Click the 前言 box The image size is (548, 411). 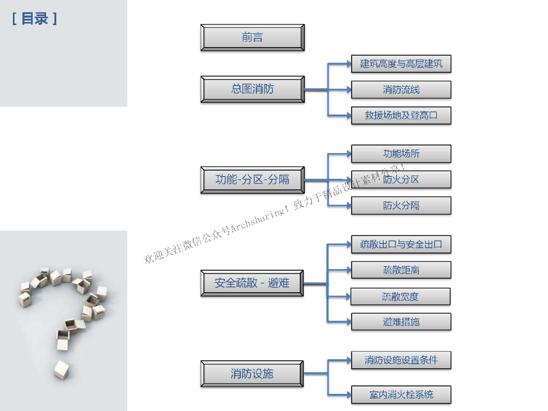(253, 37)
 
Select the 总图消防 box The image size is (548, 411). (253, 89)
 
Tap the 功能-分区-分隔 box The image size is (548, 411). (253, 179)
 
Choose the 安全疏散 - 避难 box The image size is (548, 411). (252, 283)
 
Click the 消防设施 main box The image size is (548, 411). (252, 374)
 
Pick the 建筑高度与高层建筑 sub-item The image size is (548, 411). (401, 64)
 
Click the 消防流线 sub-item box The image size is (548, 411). (401, 89)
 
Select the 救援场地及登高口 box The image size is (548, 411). (401, 115)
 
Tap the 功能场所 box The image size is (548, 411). (401, 154)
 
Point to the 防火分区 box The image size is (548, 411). (401, 179)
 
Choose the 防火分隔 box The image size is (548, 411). (401, 205)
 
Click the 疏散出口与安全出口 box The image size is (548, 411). (401, 245)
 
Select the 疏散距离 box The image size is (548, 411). (401, 270)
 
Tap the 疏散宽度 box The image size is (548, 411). (400, 296)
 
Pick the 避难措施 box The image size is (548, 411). (401, 322)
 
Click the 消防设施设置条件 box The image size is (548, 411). (401, 360)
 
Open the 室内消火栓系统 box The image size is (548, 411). (401, 394)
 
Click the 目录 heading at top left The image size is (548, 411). (35, 19)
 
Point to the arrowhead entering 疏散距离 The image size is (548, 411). (348, 270)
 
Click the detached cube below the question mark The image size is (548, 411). (61, 369)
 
